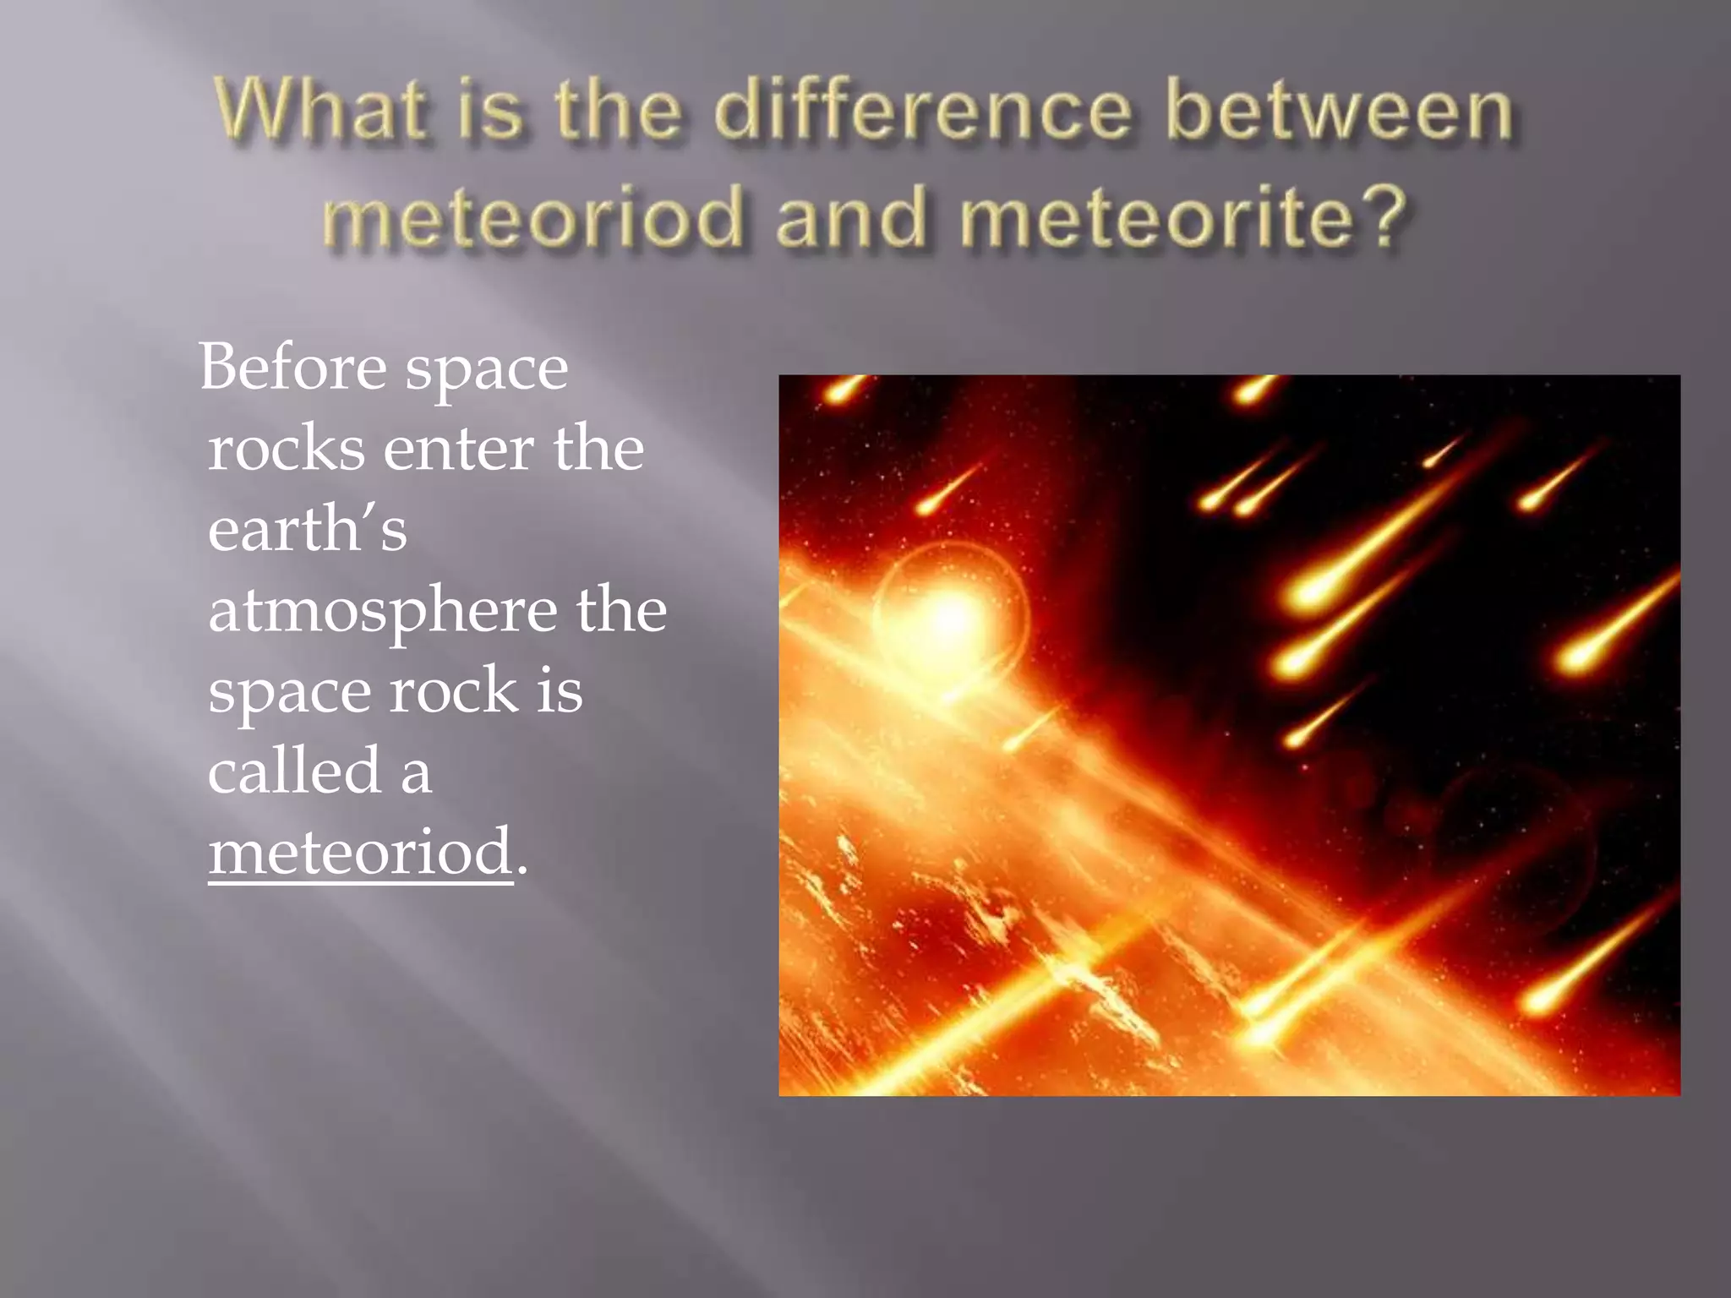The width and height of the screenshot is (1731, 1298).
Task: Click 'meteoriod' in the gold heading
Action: click(533, 217)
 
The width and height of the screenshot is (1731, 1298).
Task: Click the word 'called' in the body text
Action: click(295, 771)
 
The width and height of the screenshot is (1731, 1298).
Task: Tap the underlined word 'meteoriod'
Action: click(361, 852)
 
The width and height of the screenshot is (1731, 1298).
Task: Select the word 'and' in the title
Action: click(851, 217)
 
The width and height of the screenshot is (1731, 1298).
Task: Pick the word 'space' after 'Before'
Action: click(486, 369)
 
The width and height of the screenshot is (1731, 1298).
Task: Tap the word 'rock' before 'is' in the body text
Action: click(453, 691)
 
